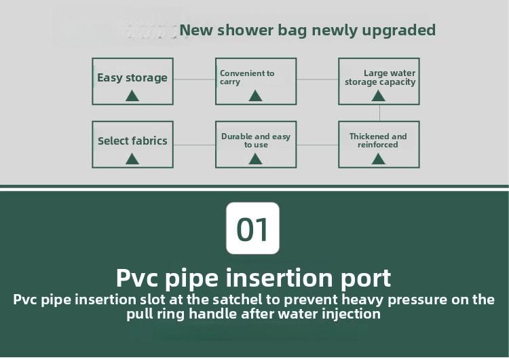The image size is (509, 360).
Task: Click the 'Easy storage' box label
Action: pos(132,77)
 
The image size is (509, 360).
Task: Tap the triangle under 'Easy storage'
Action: pos(132,96)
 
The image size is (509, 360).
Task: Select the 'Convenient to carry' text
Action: pos(247,77)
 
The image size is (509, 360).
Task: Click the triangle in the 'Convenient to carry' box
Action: pos(255,96)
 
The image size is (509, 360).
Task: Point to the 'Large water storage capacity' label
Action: pos(380,77)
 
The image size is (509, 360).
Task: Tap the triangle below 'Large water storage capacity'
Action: pos(379,96)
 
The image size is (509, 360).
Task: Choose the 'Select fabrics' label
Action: pos(132,141)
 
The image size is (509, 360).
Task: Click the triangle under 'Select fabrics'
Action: pos(132,159)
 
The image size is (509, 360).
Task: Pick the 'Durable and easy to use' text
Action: pos(256,141)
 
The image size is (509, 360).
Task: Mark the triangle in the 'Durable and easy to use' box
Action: pos(255,159)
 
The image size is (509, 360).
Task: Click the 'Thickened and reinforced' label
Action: pos(378,141)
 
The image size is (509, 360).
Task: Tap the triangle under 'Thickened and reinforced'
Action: pos(379,159)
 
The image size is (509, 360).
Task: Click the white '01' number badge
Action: pos(252,229)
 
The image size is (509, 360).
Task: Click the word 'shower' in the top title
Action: pos(248,31)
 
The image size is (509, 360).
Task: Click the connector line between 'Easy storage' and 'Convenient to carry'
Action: pos(194,79)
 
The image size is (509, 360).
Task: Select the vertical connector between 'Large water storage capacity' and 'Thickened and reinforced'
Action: pos(379,113)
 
